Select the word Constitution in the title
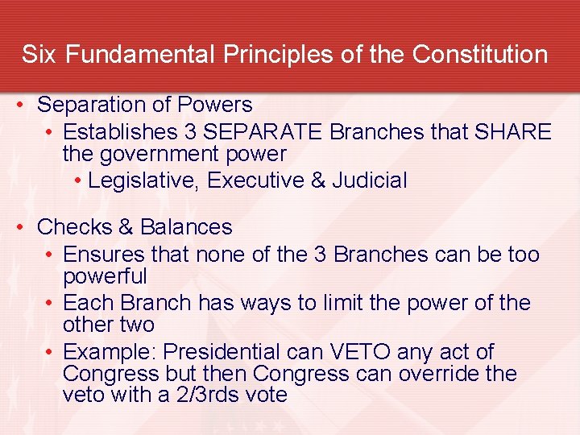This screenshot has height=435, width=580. [480, 55]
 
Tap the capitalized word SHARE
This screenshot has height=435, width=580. [514, 131]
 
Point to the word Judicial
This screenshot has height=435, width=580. [370, 180]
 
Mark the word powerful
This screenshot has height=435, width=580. [105, 277]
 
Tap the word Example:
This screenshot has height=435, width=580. [106, 352]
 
